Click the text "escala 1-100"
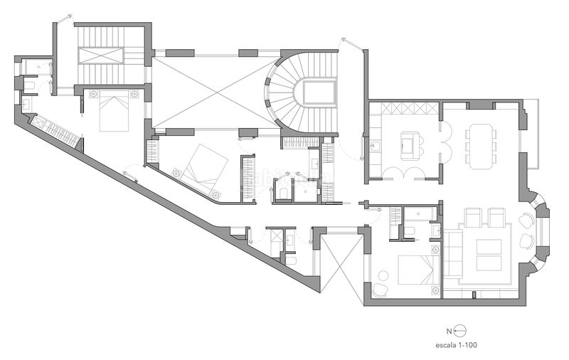tap(459, 345)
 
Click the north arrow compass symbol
tap(459, 331)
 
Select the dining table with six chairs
tap(481, 146)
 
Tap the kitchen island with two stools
tap(410, 145)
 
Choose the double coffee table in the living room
tap(488, 255)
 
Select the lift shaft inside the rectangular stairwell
tap(102, 55)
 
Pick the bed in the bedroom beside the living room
tap(416, 270)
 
